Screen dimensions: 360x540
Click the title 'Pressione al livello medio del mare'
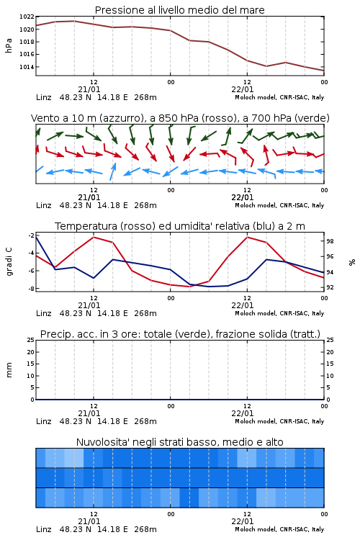[x=180, y=10]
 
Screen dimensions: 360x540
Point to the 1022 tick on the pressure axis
[x=27, y=17]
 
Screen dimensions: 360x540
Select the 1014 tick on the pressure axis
[x=27, y=67]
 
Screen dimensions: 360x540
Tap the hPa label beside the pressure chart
[x=9, y=45]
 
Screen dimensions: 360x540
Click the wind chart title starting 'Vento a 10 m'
[x=180, y=118]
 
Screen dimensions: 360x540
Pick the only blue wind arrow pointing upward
[x=112, y=171]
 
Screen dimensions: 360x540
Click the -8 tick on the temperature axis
[x=30, y=289]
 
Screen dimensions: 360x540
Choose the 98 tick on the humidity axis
[x=330, y=241]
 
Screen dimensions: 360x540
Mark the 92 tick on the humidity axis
[x=330, y=287]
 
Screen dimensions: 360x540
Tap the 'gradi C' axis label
[x=9, y=262]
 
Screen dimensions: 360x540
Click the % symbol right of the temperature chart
[x=352, y=262]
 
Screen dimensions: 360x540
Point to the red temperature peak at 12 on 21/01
[x=94, y=237]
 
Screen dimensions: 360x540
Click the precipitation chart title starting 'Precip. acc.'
[x=180, y=334]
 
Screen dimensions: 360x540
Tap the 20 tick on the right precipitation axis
[x=330, y=352]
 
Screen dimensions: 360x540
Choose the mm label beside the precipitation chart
[x=9, y=370]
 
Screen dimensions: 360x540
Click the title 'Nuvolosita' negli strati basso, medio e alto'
[x=180, y=442]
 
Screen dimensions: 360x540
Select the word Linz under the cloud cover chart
[x=44, y=529]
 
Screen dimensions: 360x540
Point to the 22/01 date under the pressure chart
[x=243, y=89]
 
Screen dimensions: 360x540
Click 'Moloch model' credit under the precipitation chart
[x=255, y=421]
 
